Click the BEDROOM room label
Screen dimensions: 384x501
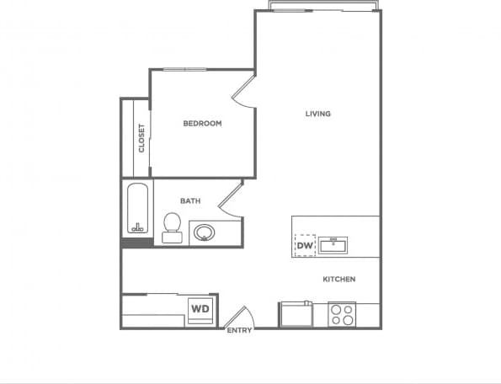pyautogui.click(x=202, y=124)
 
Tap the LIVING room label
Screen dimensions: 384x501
pyautogui.click(x=317, y=114)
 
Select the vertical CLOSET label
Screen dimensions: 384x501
pyautogui.click(x=141, y=138)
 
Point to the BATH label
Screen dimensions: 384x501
pyautogui.click(x=189, y=200)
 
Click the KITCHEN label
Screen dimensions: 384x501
pyautogui.click(x=338, y=280)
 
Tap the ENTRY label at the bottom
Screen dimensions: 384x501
pyautogui.click(x=239, y=330)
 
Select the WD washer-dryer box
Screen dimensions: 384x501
pyautogui.click(x=200, y=309)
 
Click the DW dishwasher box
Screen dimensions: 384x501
pyautogui.click(x=305, y=246)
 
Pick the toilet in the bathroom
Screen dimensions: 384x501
pyautogui.click(x=172, y=227)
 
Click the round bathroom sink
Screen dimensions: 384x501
pyautogui.click(x=204, y=232)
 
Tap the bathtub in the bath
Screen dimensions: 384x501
pyautogui.click(x=137, y=210)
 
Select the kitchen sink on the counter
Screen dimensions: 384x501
pyautogui.click(x=334, y=245)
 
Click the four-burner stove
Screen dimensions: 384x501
pyautogui.click(x=341, y=315)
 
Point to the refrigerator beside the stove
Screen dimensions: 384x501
pyautogui.click(x=296, y=314)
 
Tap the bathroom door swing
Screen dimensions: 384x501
pyautogui.click(x=229, y=200)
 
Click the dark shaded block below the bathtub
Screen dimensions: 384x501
pyautogui.click(x=137, y=243)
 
